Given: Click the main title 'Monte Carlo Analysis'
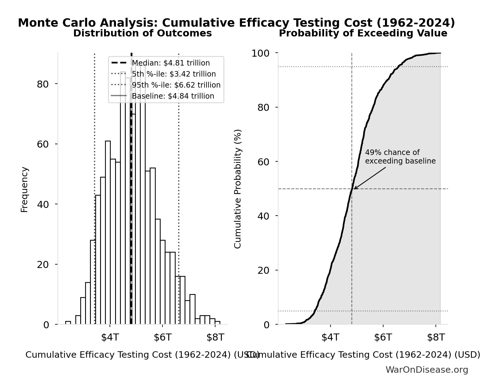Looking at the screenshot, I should pos(236,23).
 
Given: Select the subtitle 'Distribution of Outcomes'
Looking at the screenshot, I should pos(142,33).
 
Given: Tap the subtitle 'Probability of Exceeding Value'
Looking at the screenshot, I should pos(363,33).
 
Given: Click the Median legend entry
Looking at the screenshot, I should pos(170,63).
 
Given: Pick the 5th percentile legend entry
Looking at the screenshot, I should pos(174,74).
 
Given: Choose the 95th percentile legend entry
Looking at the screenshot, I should pos(176,85).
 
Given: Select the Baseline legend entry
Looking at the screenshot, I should pos(173,96).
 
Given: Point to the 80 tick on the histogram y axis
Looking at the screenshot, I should pos(43,84).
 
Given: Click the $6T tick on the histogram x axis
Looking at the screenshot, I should pos(163,337).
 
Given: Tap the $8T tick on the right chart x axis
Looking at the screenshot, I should pos(436,337).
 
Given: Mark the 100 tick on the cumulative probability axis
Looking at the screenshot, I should pos(260,53).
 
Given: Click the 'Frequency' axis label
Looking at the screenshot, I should pos(24,189).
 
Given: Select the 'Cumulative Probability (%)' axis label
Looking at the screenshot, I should pos(238,189).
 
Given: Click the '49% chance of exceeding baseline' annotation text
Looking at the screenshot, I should pos(400,157).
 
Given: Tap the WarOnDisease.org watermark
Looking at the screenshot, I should pos(427,370).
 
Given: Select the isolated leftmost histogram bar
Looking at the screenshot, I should pos(68,322).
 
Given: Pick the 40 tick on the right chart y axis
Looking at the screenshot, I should pos(263,216).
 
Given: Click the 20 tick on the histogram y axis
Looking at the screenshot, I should pos(43,265).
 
